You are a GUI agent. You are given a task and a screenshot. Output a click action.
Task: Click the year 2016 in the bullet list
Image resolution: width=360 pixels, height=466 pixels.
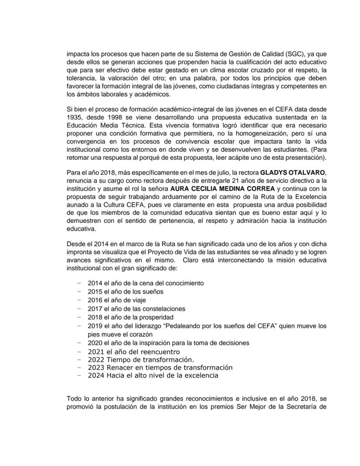tap(95, 300)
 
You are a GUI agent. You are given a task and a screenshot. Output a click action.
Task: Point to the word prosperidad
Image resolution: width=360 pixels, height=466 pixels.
tap(155, 317)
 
